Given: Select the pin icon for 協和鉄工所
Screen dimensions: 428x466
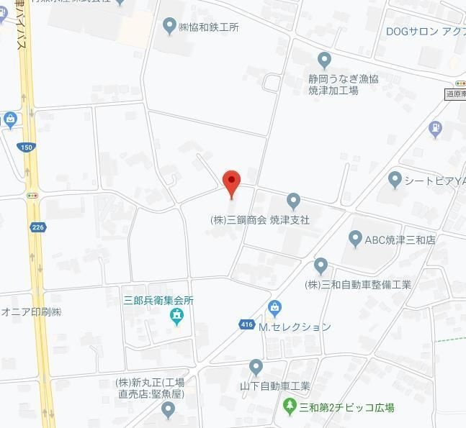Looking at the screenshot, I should [169, 27].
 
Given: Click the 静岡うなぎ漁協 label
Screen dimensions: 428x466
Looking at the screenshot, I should [343, 78].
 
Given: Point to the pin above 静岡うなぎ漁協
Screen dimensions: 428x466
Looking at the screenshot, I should [325, 60].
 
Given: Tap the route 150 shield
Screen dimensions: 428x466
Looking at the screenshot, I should [27, 147].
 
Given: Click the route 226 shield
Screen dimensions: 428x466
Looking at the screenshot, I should [38, 227].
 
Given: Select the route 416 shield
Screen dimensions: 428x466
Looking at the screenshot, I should [247, 325].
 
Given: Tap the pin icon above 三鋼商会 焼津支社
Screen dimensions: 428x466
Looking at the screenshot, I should [293, 201].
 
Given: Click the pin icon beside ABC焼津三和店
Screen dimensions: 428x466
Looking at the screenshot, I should [354, 239].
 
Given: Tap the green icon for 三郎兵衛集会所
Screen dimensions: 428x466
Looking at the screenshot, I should [176, 315].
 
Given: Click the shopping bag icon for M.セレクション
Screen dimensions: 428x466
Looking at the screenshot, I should [274, 309].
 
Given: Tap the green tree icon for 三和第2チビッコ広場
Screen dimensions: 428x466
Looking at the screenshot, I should [290, 407].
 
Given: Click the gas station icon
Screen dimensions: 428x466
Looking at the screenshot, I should [434, 129].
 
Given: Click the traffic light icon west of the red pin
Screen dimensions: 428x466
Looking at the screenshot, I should [32, 195].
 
